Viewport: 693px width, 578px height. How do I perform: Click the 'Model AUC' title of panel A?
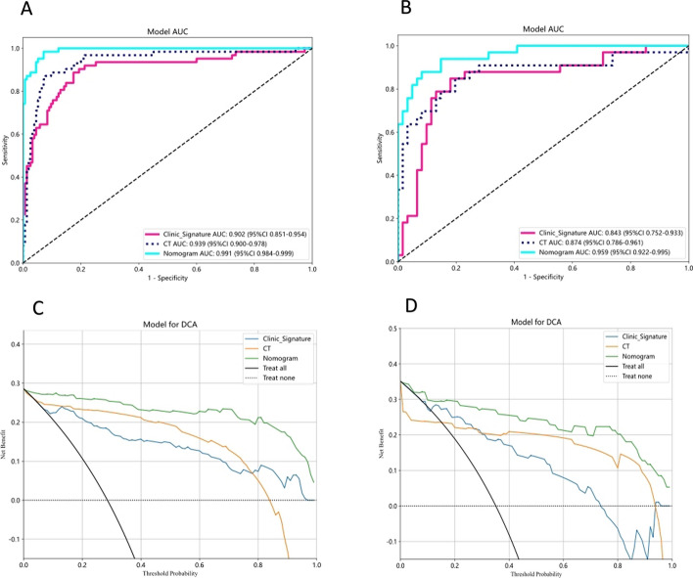(x=166, y=31)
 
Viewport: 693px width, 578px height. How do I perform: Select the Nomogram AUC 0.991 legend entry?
(x=234, y=252)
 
